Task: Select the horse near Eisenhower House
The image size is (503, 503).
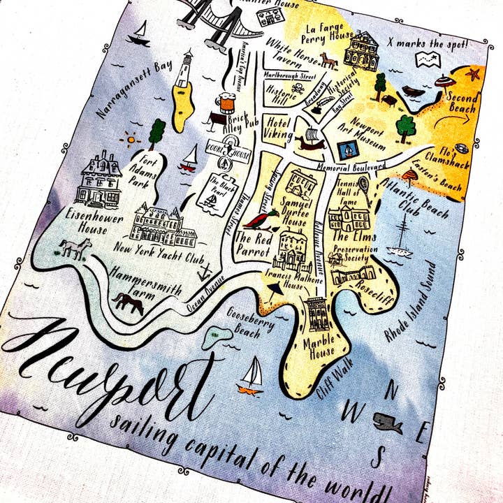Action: click(x=75, y=247)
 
